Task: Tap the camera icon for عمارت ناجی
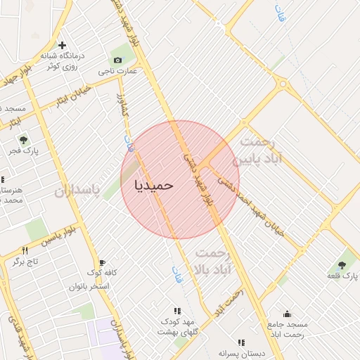[117, 60]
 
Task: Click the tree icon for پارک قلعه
[342, 265]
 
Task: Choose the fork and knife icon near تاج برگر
[25, 250]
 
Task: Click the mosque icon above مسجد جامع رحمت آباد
[287, 314]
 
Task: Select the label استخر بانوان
[89, 286]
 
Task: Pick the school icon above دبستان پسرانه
[241, 342]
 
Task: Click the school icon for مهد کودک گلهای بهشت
[177, 310]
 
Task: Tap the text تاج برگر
[25, 262]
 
